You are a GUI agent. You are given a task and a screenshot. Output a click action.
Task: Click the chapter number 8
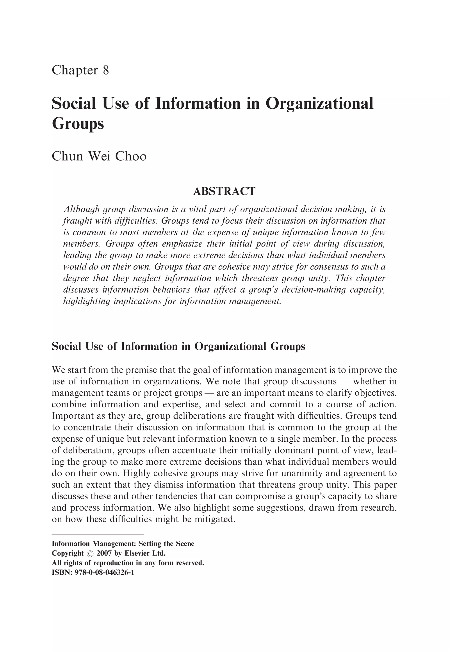click(106, 70)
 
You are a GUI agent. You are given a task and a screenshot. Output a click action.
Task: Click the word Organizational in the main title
click(319, 103)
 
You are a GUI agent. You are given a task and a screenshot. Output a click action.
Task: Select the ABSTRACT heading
click(224, 191)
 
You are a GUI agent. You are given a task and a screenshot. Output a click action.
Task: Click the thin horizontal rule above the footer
click(98, 534)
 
